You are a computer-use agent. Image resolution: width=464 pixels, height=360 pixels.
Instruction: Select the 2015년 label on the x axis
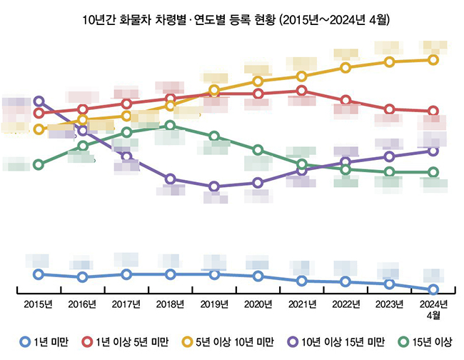(x=39, y=304)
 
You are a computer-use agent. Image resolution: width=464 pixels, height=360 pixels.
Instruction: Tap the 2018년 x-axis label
(x=170, y=304)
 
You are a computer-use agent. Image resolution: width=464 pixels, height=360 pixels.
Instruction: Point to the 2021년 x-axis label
(x=302, y=304)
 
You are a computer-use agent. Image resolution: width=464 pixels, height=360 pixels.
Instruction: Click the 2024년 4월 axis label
(x=433, y=309)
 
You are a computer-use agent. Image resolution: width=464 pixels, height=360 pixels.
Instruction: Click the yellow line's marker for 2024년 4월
(x=433, y=59)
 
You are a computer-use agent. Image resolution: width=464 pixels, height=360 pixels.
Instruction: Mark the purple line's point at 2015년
(x=39, y=101)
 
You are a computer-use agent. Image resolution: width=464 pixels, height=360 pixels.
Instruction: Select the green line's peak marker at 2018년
(x=170, y=126)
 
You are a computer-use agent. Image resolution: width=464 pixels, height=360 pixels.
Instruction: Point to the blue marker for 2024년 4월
(x=433, y=289)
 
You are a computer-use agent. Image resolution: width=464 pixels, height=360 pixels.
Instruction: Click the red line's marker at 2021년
(x=302, y=91)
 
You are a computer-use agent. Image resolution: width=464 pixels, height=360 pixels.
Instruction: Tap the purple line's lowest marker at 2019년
(x=214, y=186)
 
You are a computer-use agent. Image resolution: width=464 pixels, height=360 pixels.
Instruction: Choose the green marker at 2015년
(x=39, y=164)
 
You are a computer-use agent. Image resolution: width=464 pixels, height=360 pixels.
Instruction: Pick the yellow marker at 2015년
(x=39, y=129)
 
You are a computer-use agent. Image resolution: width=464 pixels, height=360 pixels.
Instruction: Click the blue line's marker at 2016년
(x=83, y=277)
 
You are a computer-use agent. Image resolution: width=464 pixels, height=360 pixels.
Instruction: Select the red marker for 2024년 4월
(x=433, y=111)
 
